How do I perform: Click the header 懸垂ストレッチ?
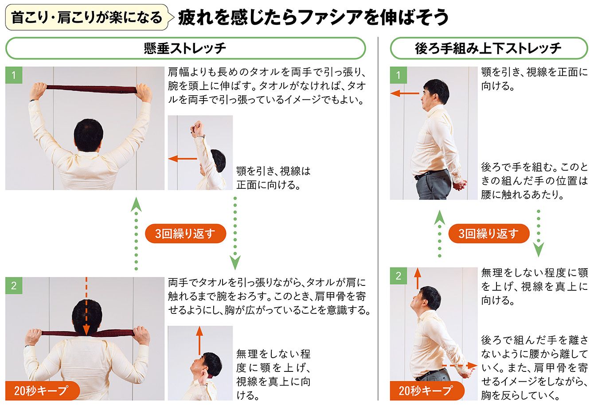(185, 48)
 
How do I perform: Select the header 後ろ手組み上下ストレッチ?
(488, 48)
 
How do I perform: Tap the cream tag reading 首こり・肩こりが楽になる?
(86, 17)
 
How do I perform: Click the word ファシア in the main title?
(330, 17)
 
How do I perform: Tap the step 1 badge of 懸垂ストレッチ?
(14, 75)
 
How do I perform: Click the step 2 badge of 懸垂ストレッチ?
(14, 285)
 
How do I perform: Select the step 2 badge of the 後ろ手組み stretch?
(399, 276)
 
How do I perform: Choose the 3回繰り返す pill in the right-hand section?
(489, 234)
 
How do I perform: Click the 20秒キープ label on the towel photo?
(43, 390)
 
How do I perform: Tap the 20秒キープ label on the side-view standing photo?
(427, 390)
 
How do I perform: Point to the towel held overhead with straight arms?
(91, 89)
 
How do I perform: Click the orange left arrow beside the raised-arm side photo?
(183, 159)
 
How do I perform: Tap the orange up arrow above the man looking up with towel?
(199, 340)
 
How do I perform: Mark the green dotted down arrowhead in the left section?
(235, 262)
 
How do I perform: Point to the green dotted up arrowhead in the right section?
(440, 218)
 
